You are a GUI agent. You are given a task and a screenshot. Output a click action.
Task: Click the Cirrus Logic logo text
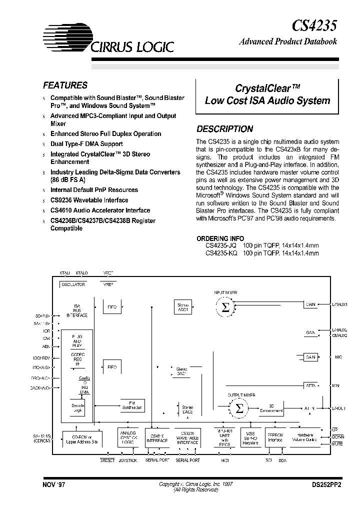pos(132,46)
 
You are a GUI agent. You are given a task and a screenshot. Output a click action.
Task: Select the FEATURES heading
pos(65,85)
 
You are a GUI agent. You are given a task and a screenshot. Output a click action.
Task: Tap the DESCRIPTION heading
pos(224,128)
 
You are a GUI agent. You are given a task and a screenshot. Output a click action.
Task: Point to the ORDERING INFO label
pos(220,239)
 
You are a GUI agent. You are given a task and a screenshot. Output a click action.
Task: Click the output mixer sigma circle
pos(239,408)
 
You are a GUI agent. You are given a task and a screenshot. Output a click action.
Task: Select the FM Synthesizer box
pos(132,405)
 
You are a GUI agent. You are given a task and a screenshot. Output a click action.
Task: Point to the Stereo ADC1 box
pos(183,307)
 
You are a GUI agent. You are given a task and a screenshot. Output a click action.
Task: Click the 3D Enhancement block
pos(271,408)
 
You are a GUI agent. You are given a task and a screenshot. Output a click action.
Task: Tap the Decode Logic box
pos(77,408)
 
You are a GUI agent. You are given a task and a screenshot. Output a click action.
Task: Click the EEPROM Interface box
pos(275,438)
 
